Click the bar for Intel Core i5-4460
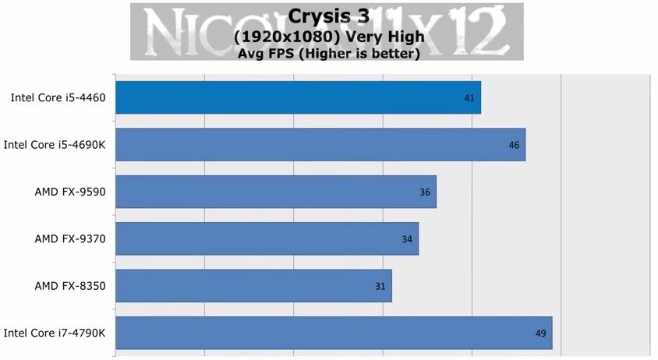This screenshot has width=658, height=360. click(298, 97)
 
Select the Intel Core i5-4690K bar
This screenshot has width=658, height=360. click(320, 144)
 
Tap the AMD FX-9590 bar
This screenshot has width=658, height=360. click(276, 192)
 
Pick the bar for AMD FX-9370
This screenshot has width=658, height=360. click(267, 238)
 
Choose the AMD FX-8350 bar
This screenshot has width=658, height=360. click(253, 286)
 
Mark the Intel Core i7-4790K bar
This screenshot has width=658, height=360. click(334, 333)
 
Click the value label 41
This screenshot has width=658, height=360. click(469, 98)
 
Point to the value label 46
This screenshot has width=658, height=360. click(514, 145)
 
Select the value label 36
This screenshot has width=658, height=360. click(425, 192)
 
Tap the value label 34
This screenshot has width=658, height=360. click(407, 239)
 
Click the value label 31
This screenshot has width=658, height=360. click(380, 286)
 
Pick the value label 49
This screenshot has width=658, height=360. click(540, 334)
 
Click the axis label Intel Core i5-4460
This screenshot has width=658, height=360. click(58, 98)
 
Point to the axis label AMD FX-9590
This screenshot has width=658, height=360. click(70, 192)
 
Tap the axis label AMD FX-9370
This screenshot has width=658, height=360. click(70, 239)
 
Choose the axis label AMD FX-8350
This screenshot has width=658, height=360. click(70, 286)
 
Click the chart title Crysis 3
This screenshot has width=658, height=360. click(327, 16)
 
